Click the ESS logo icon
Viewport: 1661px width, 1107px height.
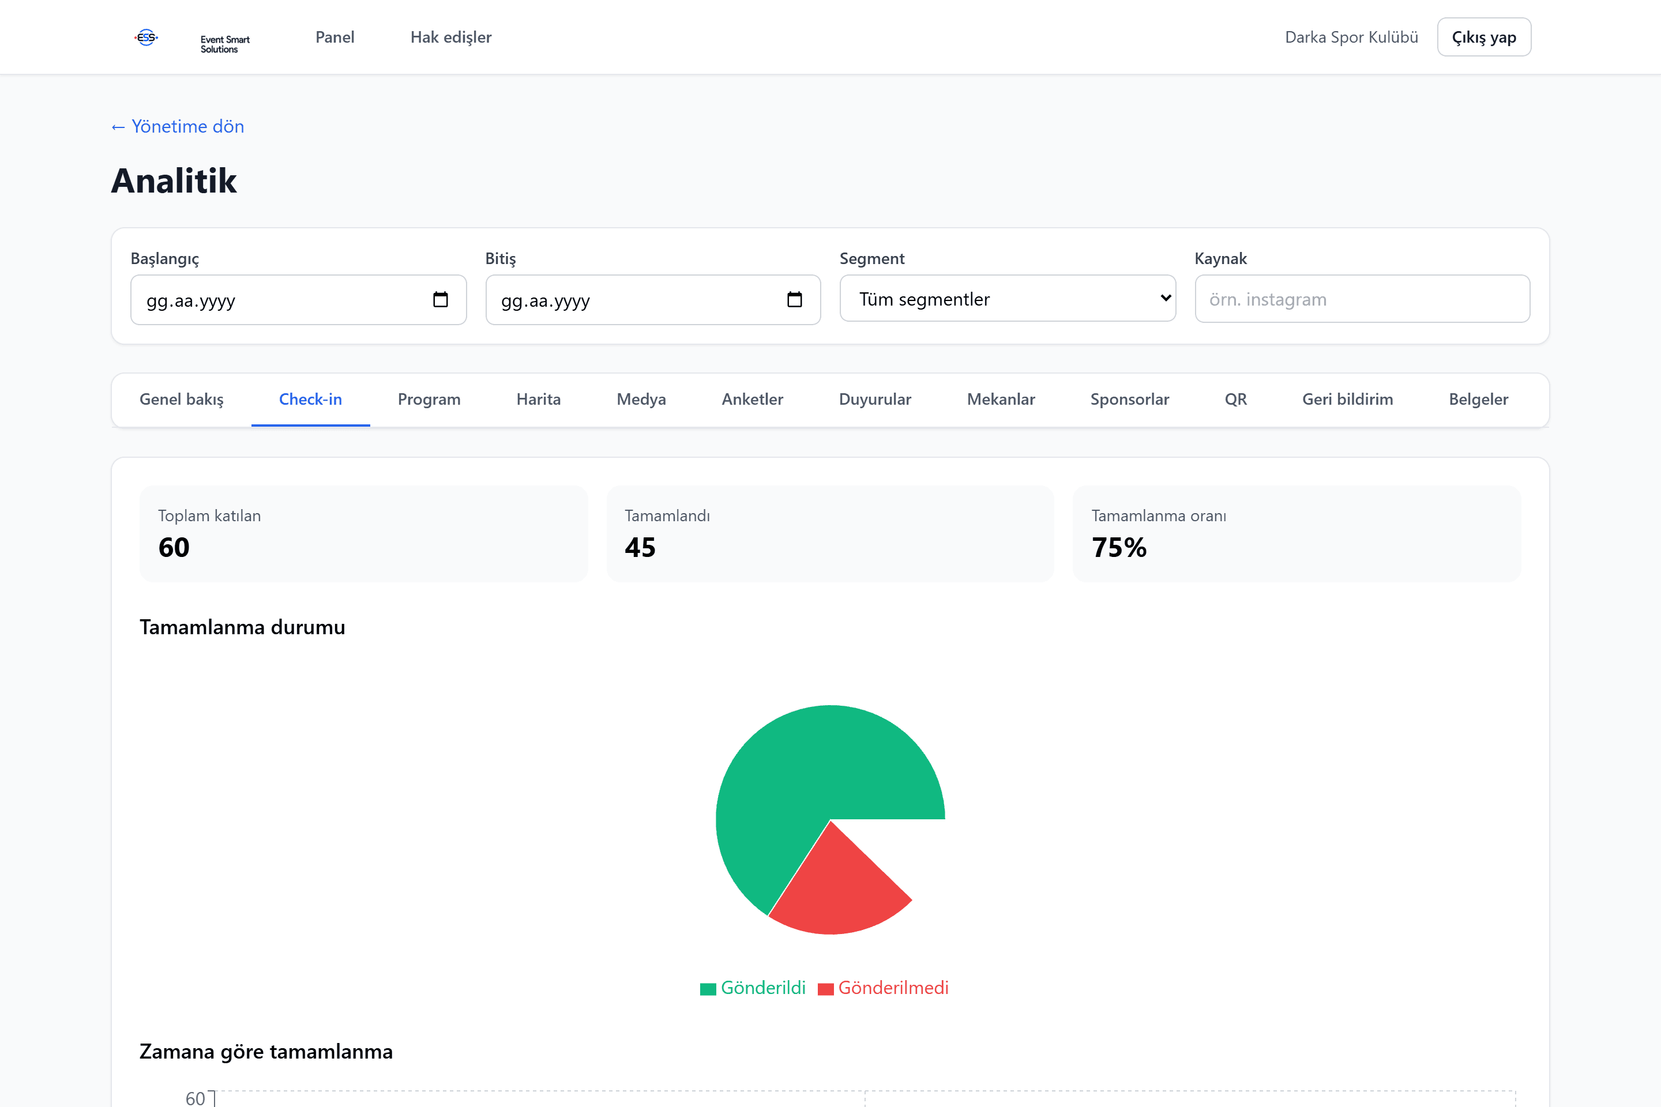click(146, 37)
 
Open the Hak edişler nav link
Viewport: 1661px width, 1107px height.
click(450, 37)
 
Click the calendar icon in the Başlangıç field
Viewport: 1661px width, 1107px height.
click(440, 299)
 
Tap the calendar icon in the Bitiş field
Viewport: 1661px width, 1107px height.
click(795, 299)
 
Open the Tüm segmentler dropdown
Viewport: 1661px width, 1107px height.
click(1008, 299)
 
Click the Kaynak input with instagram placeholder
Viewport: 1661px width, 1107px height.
click(1362, 299)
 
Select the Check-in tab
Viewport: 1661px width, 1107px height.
click(310, 400)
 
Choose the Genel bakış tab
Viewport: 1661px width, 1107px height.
click(182, 400)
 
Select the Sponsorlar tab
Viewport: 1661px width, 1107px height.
click(1129, 400)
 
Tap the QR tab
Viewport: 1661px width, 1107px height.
click(1235, 400)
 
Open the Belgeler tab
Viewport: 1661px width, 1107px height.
click(1478, 400)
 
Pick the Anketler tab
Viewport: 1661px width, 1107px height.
click(752, 400)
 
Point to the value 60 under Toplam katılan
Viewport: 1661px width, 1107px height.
click(174, 548)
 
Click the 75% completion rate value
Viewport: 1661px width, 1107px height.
click(1119, 548)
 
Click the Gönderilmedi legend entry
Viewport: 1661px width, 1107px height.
click(883, 988)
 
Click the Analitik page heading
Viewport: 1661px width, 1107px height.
click(174, 180)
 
